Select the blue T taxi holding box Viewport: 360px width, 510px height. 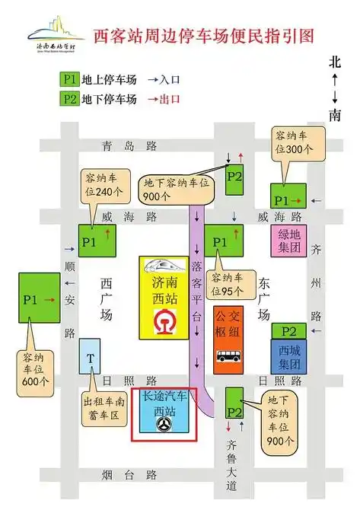91,359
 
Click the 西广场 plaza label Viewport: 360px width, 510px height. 107,297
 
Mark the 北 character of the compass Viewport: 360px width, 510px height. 335,62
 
